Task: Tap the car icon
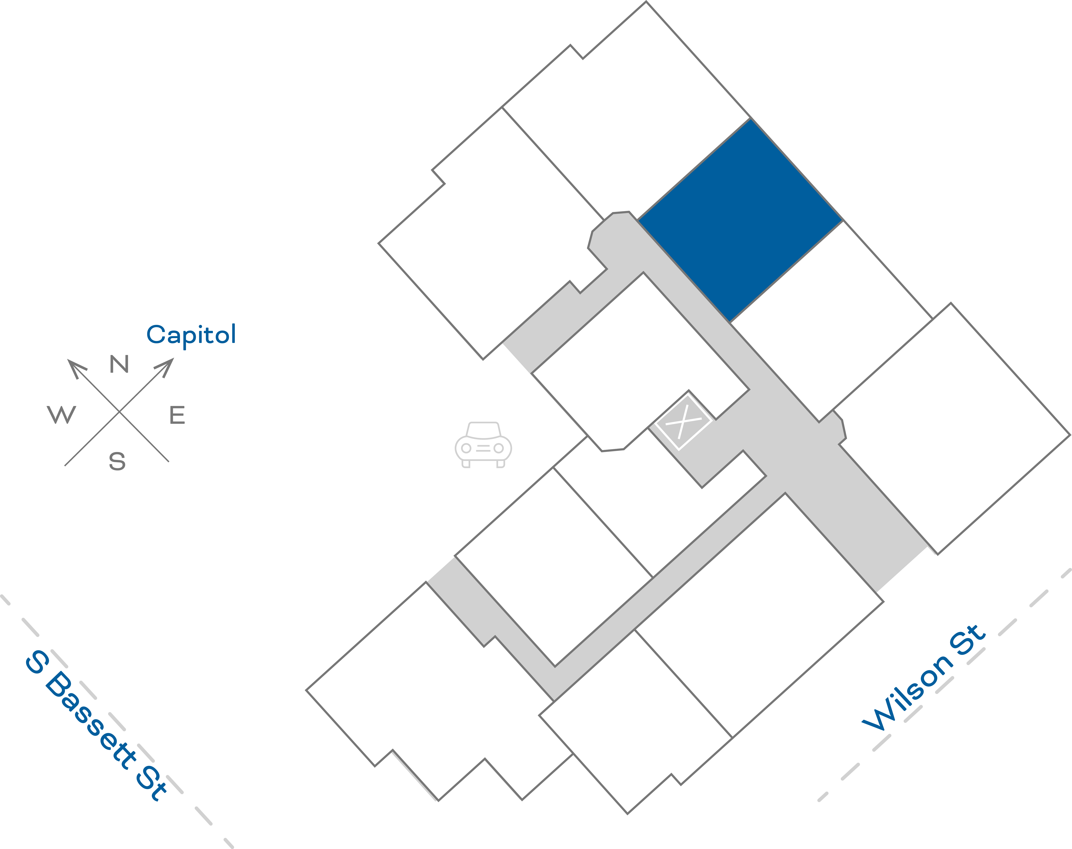pyautogui.click(x=483, y=445)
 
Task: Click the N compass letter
pyautogui.click(x=119, y=364)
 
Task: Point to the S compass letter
pyautogui.click(x=117, y=461)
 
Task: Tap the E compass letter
pyautogui.click(x=177, y=415)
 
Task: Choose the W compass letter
pyautogui.click(x=62, y=414)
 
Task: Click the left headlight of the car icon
pyautogui.click(x=466, y=448)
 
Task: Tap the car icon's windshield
pyautogui.click(x=483, y=430)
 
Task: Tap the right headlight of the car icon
pyautogui.click(x=499, y=448)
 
